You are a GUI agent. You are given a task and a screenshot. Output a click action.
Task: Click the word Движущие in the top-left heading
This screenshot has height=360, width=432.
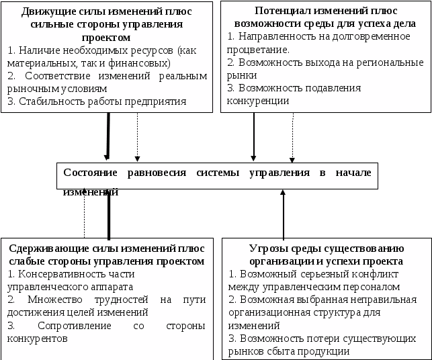[46, 11]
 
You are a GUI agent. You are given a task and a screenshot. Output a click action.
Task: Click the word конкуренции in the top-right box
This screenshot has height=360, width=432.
[259, 101]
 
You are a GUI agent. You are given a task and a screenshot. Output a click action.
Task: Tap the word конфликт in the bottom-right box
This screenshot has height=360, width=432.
[378, 274]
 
